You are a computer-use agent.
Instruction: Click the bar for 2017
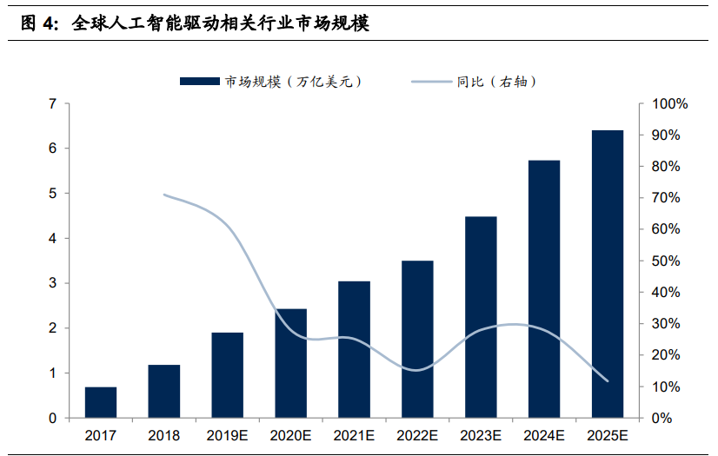101,402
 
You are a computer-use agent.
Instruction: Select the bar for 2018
163,391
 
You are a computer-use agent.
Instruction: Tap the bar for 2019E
228,375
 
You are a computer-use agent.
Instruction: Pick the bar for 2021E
354,349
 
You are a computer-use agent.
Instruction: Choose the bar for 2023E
481,317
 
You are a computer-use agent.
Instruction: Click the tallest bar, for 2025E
608,274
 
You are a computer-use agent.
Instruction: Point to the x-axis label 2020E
291,434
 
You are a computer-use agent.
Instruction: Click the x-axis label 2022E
417,434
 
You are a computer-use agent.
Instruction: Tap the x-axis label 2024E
544,434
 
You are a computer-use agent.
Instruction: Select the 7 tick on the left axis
53,104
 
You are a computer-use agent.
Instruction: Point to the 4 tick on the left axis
53,239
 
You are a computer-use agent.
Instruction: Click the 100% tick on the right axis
669,104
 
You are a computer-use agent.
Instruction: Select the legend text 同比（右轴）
495,82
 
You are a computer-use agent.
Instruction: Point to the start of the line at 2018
164,195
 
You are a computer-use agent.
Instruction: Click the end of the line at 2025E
608,381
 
